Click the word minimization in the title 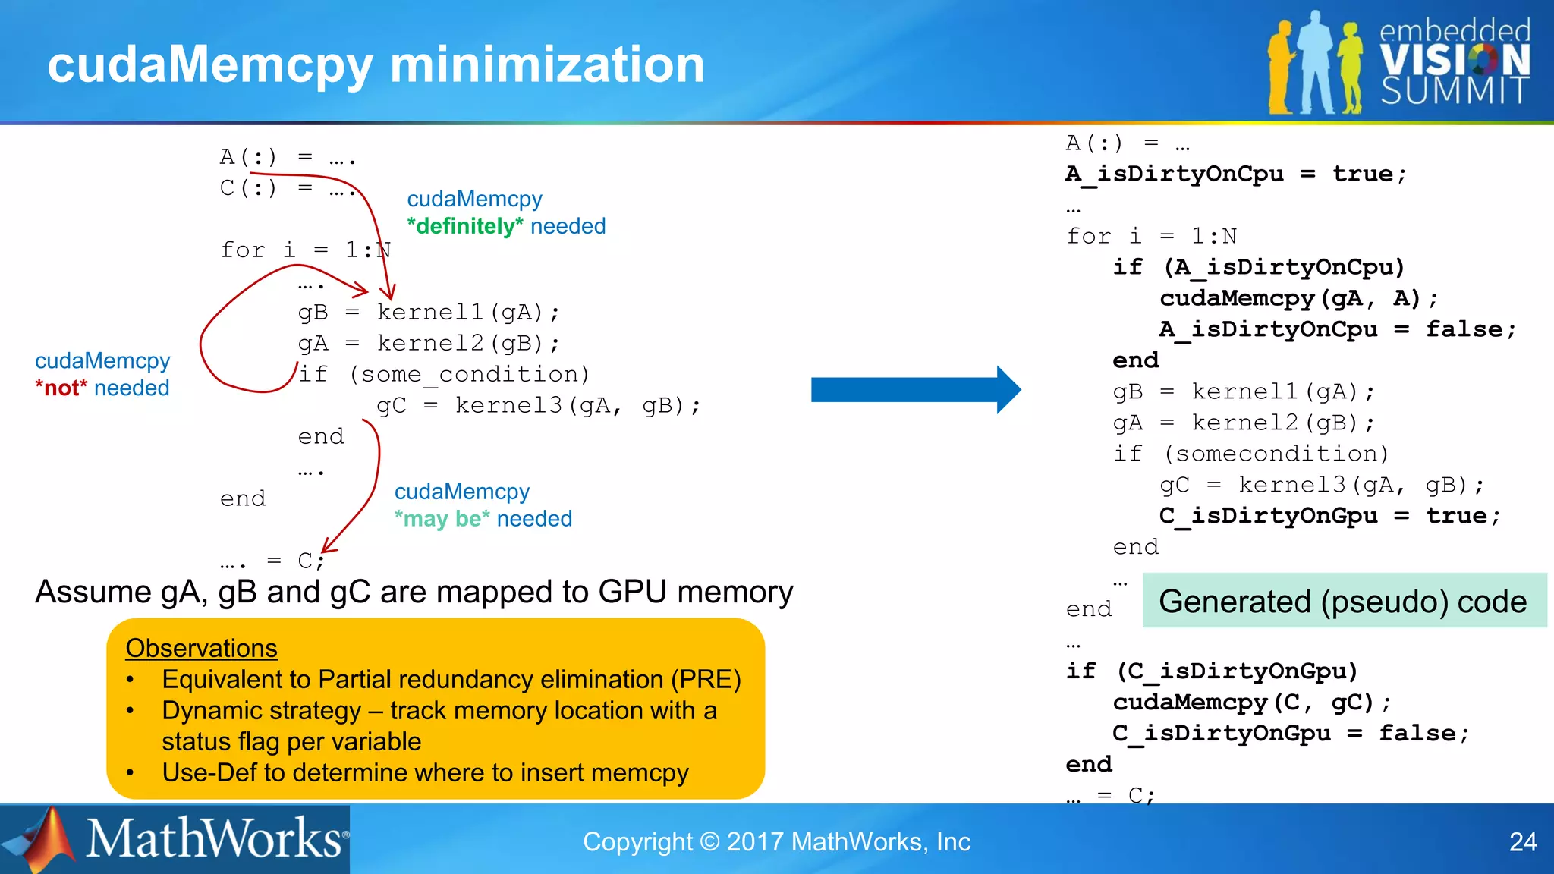(546, 64)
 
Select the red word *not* (61, 388)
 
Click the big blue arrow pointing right (914, 390)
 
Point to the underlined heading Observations (201, 648)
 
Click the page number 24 (1522, 842)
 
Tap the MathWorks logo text (214, 839)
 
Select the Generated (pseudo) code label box (1343, 601)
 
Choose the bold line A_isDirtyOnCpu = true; (1235, 174)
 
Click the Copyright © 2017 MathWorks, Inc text (776, 842)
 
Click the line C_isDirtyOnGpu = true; (1329, 516)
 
